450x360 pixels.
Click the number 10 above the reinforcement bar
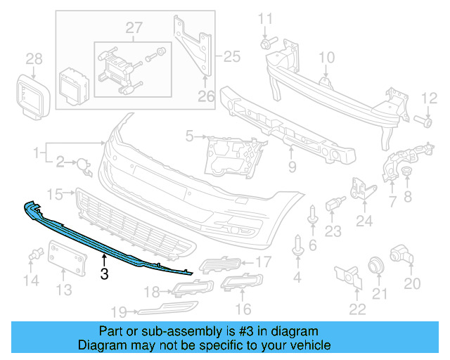coord(327,57)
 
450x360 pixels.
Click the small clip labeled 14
coord(34,256)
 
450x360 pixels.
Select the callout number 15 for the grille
coord(56,193)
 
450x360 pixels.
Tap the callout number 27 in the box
coord(134,29)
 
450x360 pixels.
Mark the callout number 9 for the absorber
coord(292,167)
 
